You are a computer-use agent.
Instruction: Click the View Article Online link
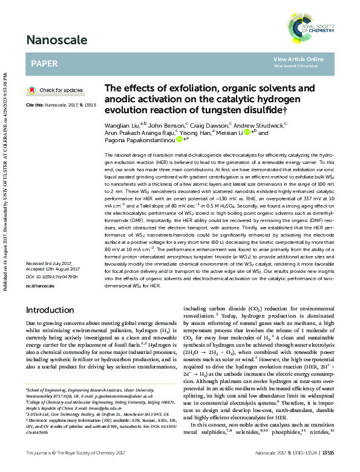click(x=298, y=59)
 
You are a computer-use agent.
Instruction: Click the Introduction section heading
click(x=50, y=310)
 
